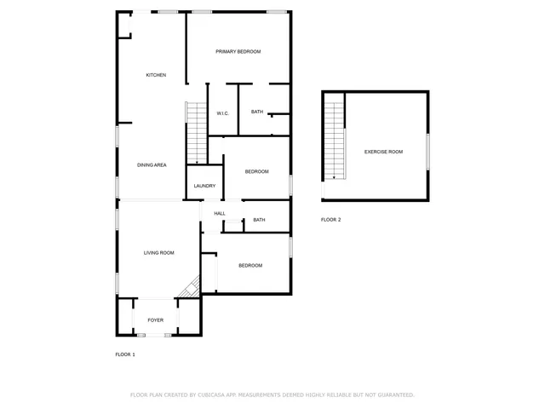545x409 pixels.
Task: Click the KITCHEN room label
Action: pyautogui.click(x=155, y=75)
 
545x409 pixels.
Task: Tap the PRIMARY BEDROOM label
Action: pyautogui.click(x=238, y=52)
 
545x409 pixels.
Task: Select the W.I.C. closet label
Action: pyautogui.click(x=222, y=113)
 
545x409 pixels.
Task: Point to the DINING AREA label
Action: pyautogui.click(x=152, y=164)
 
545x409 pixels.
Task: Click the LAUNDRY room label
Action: pyautogui.click(x=204, y=186)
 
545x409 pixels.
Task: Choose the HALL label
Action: pyautogui.click(x=220, y=213)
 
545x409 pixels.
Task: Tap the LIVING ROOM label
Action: pyautogui.click(x=158, y=252)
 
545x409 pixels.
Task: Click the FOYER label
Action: pyautogui.click(x=155, y=320)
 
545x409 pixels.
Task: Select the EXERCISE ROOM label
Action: pyautogui.click(x=383, y=152)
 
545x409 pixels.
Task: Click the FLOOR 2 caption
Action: pyautogui.click(x=330, y=220)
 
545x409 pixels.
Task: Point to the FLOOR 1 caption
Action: pyautogui.click(x=125, y=354)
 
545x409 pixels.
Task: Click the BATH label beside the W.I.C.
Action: pyautogui.click(x=256, y=112)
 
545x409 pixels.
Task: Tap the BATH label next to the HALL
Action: pyautogui.click(x=259, y=220)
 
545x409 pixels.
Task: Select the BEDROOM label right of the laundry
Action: pyautogui.click(x=256, y=171)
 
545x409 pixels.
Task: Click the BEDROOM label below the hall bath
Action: pyautogui.click(x=250, y=265)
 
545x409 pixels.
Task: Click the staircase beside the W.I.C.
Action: pyautogui.click(x=196, y=132)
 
